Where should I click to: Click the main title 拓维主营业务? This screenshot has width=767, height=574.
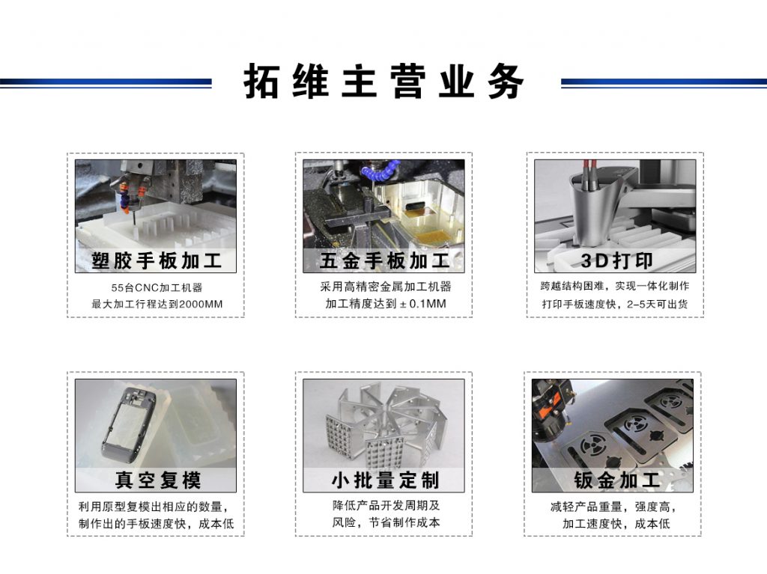click(383, 82)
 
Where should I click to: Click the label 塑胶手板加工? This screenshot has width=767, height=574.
click(156, 261)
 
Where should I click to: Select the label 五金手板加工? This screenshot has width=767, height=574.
click(384, 261)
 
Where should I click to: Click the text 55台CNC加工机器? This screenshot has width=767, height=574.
click(157, 287)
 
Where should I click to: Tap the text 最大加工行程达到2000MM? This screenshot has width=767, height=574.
click(157, 305)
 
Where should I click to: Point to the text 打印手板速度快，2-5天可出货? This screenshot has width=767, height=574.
click(615, 305)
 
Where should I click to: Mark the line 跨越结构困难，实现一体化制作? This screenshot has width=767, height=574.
click(615, 287)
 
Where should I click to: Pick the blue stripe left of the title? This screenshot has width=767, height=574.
click(106, 82)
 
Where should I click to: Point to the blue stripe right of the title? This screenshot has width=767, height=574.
click(663, 82)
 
